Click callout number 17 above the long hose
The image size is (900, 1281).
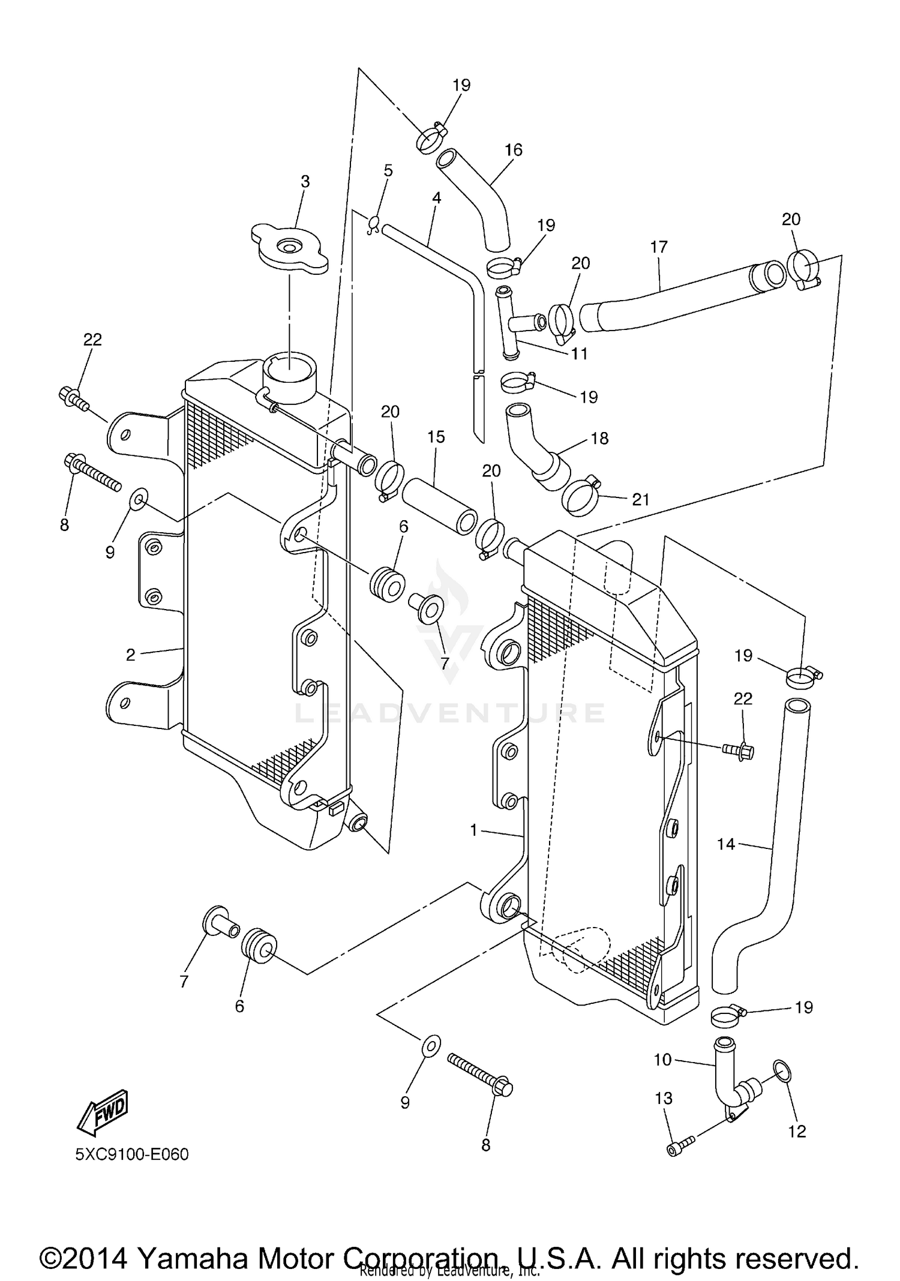pos(658,247)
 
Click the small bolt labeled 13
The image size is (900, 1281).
pos(680,1148)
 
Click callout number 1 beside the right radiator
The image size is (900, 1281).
pos(473,830)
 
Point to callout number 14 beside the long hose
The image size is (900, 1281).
pos(725,844)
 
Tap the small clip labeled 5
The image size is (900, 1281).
pos(373,224)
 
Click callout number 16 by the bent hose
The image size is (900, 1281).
pos(514,149)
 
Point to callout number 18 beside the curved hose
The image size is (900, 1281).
pos(599,438)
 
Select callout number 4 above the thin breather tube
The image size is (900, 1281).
pos(436,197)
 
